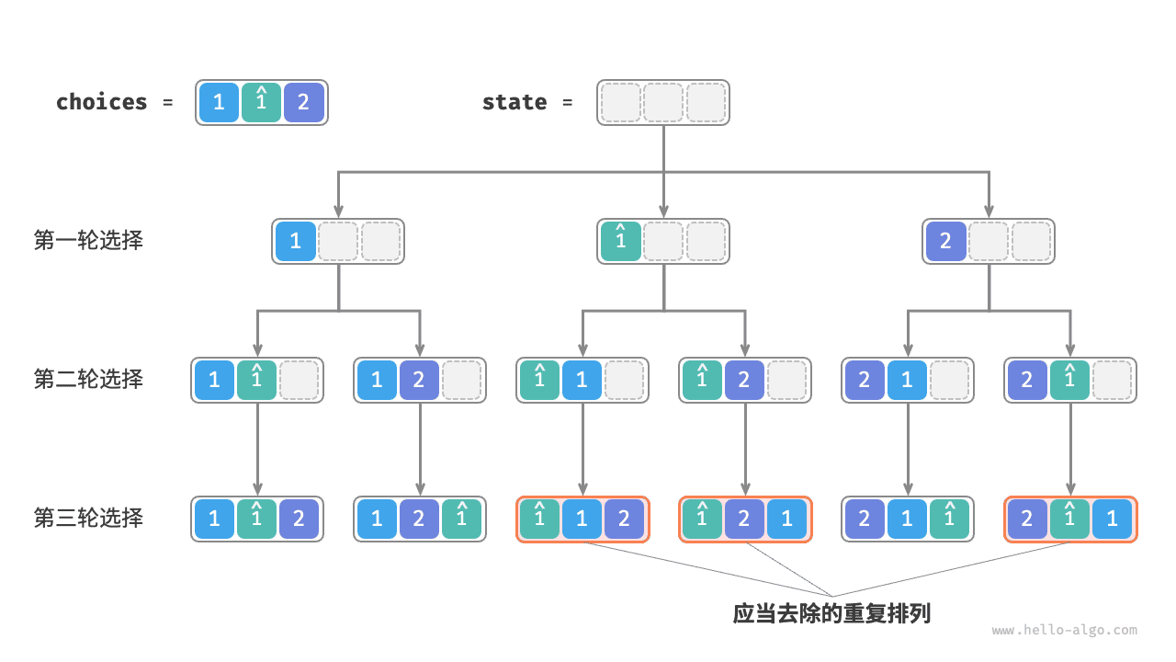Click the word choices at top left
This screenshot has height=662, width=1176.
[101, 102]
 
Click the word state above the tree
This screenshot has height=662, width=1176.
[514, 102]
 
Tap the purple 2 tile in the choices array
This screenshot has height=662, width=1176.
[303, 102]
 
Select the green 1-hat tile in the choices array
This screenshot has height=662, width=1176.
[261, 102]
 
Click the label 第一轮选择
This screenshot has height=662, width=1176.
[88, 241]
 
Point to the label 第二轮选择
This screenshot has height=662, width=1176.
[88, 380]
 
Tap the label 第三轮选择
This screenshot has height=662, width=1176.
[88, 519]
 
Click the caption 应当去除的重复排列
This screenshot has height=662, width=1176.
[831, 613]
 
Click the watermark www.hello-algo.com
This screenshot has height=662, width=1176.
[1064, 631]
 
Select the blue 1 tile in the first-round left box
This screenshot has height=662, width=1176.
[295, 241]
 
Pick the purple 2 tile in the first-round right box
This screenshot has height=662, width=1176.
[946, 241]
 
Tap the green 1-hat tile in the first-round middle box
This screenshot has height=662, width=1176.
[620, 241]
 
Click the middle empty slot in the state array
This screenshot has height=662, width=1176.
[663, 102]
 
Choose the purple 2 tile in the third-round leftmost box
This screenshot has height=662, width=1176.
[299, 519]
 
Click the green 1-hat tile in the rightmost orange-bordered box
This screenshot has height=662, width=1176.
[1069, 519]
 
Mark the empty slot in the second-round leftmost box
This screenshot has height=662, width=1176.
[299, 380]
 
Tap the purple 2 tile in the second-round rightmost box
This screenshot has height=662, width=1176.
[1027, 380]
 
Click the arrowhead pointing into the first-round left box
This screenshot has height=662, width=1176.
[338, 211]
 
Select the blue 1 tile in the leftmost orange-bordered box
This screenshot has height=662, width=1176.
[582, 519]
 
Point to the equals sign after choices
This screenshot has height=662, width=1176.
[167, 102]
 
